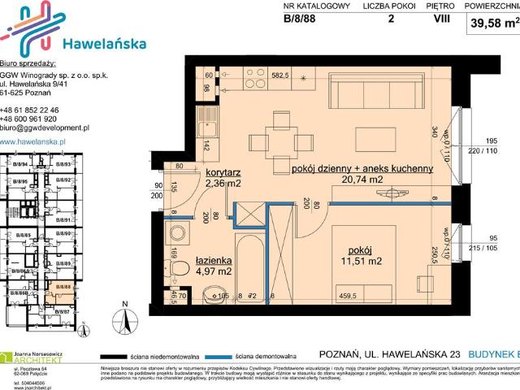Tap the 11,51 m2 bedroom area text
click(x=363, y=262)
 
